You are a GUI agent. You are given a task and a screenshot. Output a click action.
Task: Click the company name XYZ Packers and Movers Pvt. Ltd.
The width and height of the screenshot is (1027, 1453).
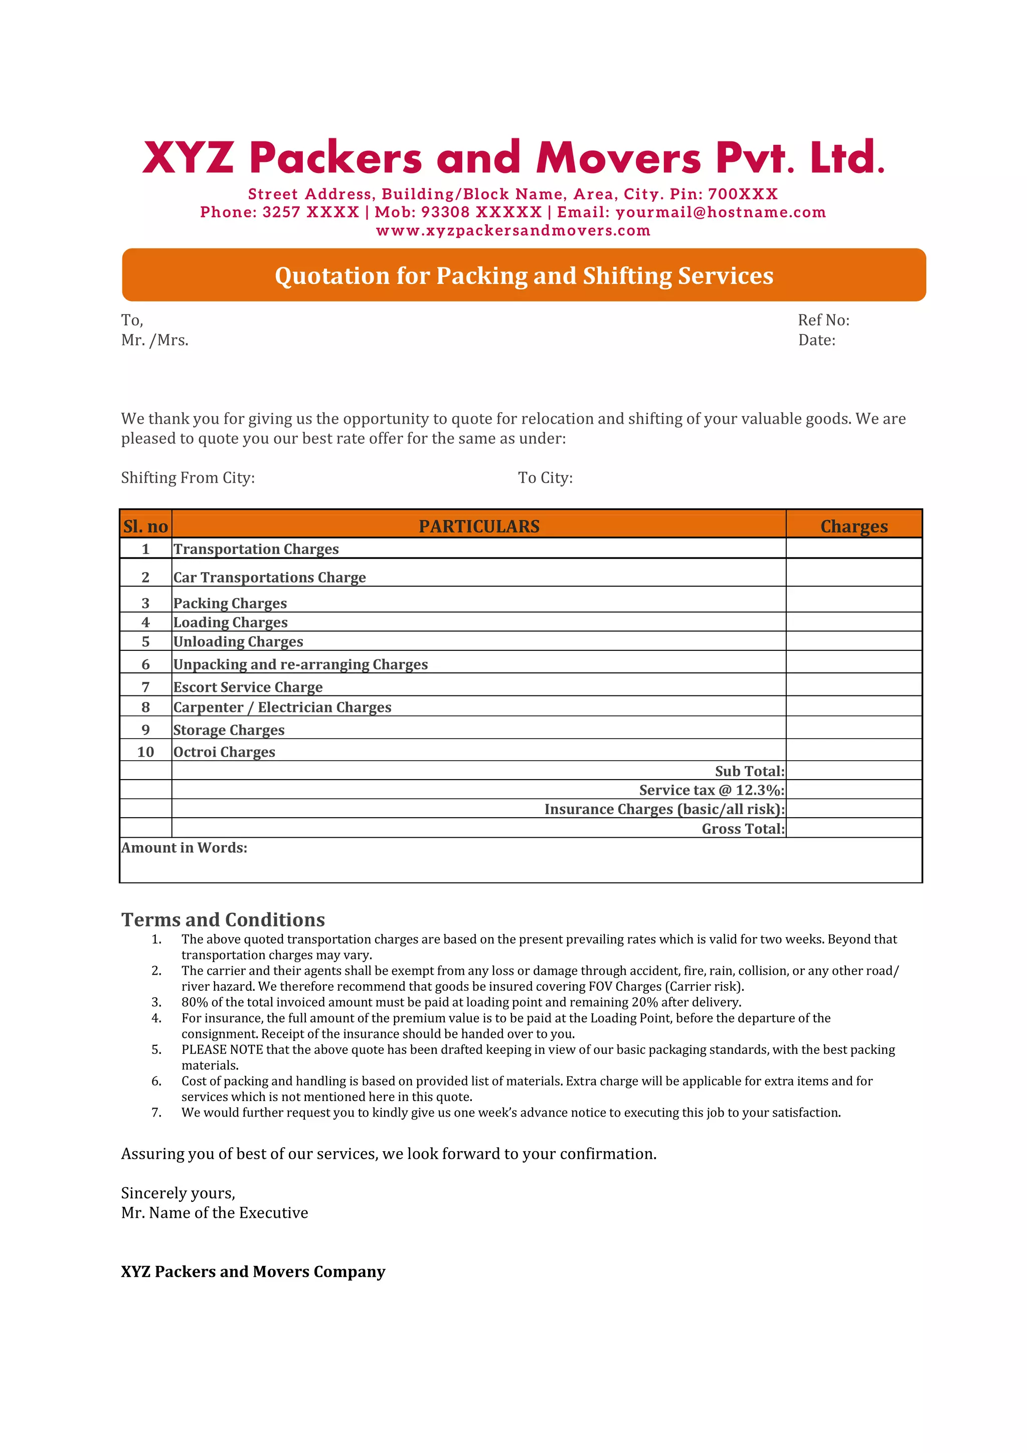click(x=513, y=157)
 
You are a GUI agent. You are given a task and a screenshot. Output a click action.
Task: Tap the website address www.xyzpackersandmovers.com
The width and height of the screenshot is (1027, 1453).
click(x=513, y=230)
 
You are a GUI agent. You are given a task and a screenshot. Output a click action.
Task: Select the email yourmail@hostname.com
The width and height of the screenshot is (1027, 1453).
click(x=721, y=212)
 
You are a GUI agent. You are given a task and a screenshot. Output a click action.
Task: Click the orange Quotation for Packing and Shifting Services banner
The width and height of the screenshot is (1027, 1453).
click(x=524, y=275)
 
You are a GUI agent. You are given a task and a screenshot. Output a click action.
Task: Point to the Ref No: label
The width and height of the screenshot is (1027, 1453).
click(x=823, y=320)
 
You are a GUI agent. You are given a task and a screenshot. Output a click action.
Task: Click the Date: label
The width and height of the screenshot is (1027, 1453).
click(x=816, y=340)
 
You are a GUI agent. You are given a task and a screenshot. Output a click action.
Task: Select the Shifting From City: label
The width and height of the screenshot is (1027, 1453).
click(x=188, y=478)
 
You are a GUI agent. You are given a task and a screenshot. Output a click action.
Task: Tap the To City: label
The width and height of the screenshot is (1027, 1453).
click(x=545, y=478)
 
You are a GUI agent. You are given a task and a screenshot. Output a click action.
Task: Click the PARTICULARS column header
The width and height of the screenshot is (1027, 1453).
click(x=479, y=526)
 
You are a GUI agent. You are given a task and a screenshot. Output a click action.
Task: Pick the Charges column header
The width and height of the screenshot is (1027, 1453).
click(x=853, y=526)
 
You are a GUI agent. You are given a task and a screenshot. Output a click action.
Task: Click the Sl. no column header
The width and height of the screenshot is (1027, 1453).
click(x=145, y=526)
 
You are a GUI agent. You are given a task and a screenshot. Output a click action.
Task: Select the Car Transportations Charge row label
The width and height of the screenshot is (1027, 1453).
click(x=270, y=577)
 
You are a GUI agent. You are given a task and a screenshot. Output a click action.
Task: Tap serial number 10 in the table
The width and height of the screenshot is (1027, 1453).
click(x=145, y=752)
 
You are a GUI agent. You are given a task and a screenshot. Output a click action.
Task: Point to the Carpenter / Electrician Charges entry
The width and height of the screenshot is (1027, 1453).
click(x=282, y=707)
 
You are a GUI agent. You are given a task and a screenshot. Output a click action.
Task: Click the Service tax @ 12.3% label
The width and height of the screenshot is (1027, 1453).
click(x=711, y=790)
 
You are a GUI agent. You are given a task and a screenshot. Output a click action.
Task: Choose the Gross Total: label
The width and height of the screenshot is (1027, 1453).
click(x=743, y=828)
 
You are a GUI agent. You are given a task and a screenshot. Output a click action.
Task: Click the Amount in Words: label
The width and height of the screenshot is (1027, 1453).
click(x=184, y=848)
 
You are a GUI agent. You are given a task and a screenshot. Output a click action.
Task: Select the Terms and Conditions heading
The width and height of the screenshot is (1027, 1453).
click(x=223, y=920)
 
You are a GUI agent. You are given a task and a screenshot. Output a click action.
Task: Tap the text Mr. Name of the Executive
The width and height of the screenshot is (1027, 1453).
click(x=215, y=1212)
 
